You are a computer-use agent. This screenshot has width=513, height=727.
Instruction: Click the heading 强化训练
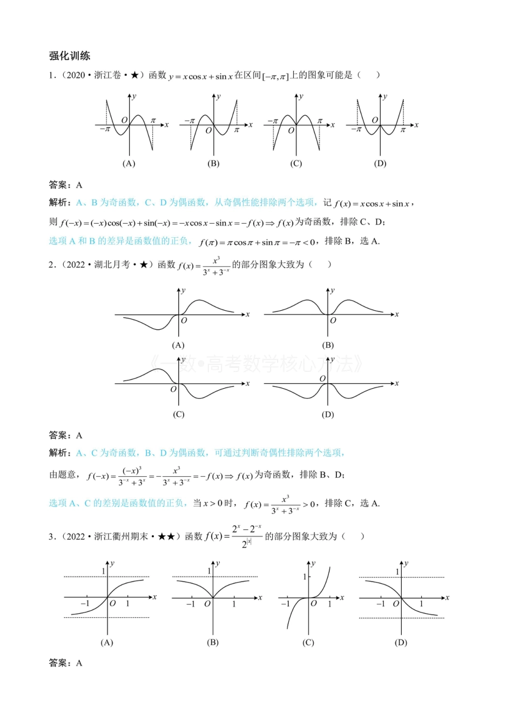pos(70,56)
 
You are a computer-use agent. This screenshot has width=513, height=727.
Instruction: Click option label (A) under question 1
pos(129,163)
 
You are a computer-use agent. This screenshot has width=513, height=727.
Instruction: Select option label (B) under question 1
pos(213,163)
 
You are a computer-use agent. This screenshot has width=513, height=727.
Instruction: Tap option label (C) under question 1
pos(296,163)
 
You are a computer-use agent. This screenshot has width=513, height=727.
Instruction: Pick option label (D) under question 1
pos(380,163)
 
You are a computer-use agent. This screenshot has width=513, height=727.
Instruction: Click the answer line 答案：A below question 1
pos(65,185)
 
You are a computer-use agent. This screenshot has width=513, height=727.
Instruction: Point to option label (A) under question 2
pos(178,345)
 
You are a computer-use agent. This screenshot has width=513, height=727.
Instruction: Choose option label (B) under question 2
pos(328,345)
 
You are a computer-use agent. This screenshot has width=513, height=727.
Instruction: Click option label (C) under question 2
pos(178,415)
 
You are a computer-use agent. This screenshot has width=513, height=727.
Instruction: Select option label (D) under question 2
pos(328,415)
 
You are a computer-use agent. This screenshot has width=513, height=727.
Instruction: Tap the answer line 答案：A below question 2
pos(65,435)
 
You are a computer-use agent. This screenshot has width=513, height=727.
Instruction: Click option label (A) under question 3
pos(107,642)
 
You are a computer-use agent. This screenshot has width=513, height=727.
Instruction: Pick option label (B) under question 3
pos(213,642)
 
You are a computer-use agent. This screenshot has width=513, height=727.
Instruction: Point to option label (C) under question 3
pos(308,642)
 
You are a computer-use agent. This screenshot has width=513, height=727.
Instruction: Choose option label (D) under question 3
pos(401,642)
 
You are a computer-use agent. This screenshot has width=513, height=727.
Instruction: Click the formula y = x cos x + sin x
pos(200,76)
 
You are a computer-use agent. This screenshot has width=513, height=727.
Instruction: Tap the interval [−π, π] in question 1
pos(275,76)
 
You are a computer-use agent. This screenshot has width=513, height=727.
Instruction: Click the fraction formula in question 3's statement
pos(233,536)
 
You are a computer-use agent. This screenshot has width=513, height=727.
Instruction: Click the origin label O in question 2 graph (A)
pos(184,321)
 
